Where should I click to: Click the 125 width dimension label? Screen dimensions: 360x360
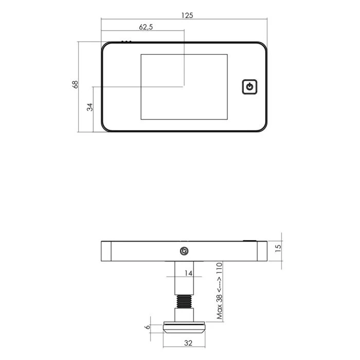(187, 15)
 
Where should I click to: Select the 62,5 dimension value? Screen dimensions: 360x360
(146, 27)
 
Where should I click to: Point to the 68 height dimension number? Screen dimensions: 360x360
(75, 85)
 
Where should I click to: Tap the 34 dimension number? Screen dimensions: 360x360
(89, 107)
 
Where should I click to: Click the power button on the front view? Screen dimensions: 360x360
(249, 86)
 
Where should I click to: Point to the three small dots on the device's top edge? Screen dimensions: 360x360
(126, 42)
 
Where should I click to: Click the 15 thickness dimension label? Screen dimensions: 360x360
(278, 247)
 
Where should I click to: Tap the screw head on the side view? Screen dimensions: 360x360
(184, 251)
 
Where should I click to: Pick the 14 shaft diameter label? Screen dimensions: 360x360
(188, 274)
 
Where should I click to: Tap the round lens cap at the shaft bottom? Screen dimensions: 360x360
(184, 326)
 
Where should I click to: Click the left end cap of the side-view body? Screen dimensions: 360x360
(106, 251)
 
